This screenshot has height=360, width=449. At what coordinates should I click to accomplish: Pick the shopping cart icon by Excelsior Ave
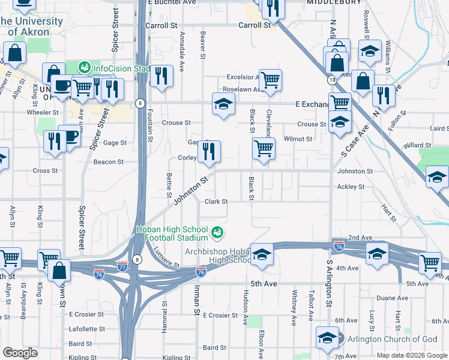(x=270, y=80)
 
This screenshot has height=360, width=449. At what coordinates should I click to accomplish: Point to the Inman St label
(x=196, y=298)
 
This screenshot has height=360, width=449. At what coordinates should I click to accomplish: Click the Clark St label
(x=216, y=202)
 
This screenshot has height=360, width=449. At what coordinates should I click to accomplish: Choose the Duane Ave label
(x=393, y=298)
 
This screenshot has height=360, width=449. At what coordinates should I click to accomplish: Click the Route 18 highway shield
(x=331, y=80)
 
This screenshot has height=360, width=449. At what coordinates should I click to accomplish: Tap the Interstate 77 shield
(x=122, y=264)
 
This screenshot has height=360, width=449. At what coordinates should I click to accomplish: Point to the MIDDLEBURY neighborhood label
(x=334, y=2)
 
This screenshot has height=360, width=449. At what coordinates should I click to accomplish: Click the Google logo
(x=20, y=353)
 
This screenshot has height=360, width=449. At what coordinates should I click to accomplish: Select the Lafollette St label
(x=87, y=329)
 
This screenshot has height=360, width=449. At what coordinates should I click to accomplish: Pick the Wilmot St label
(x=298, y=139)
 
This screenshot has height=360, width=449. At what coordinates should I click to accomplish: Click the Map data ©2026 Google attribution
(x=412, y=355)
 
